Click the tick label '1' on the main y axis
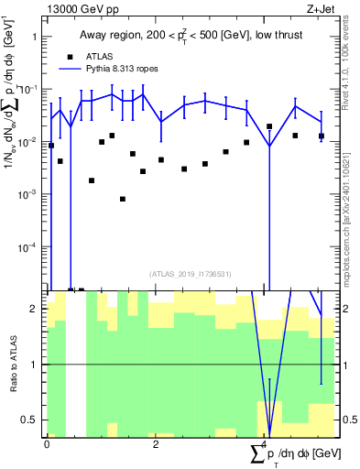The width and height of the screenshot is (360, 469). click(36, 38)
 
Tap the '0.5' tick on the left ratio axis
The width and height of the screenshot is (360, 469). click(32, 420)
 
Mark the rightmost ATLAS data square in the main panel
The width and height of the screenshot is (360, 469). click(322, 136)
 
